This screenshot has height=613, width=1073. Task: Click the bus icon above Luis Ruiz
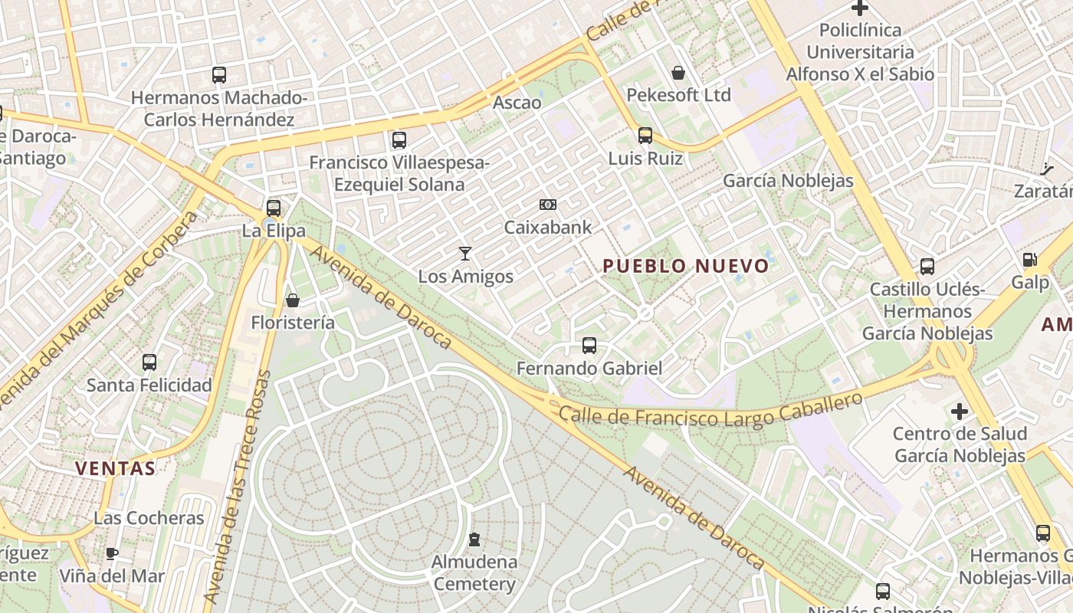click(x=645, y=136)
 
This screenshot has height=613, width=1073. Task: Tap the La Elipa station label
click(x=274, y=231)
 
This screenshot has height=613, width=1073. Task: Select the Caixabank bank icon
click(x=547, y=205)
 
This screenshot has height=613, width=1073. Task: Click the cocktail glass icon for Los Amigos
click(x=464, y=254)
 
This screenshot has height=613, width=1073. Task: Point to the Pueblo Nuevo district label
click(x=685, y=266)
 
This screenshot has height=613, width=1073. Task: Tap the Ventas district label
click(x=115, y=467)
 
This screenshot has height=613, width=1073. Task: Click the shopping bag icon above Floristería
click(x=292, y=300)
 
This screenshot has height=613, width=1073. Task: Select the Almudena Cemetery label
click(x=474, y=572)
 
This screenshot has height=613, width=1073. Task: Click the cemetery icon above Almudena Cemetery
click(x=474, y=539)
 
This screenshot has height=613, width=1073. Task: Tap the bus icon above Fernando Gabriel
click(x=589, y=346)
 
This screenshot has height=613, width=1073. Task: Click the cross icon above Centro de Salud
click(x=960, y=411)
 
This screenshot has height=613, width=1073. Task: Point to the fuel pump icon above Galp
click(x=1029, y=260)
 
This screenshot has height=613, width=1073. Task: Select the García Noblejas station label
click(x=788, y=181)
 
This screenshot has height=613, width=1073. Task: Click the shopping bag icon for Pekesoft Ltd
click(x=678, y=73)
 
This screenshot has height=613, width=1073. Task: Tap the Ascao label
click(x=517, y=102)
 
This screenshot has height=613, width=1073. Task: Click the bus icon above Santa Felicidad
click(x=149, y=362)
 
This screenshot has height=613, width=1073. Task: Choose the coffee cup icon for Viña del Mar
click(x=112, y=552)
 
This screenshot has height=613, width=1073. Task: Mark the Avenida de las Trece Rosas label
click(x=238, y=487)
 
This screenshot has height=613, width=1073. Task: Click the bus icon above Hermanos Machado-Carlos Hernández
click(x=219, y=75)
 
